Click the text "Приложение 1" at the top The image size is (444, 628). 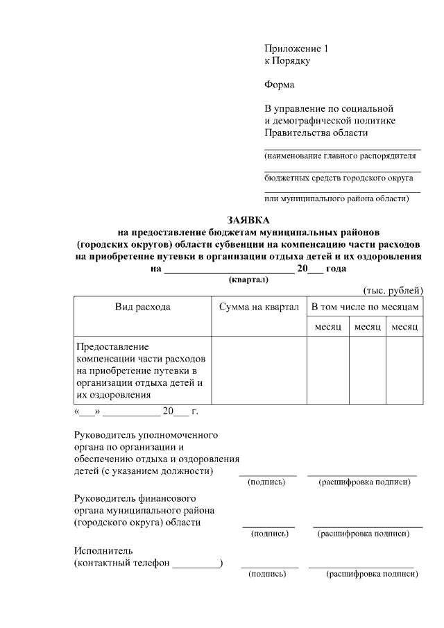[295, 49]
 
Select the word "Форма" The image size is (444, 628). [279, 85]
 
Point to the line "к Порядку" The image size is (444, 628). [287, 61]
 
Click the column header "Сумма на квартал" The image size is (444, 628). [259, 307]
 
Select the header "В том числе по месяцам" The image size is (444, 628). [365, 307]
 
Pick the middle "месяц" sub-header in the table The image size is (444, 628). [368, 327]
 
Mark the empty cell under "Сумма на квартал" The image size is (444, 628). [259, 371]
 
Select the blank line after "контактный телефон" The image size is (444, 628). [196, 563]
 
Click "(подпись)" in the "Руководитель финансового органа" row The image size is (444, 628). [268, 534]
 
